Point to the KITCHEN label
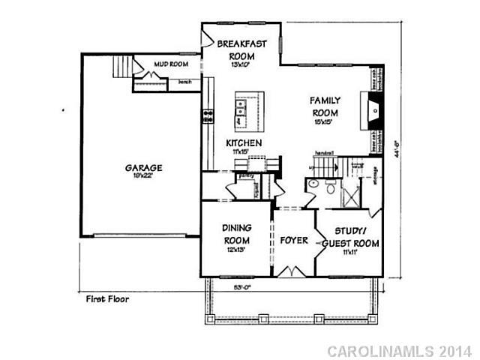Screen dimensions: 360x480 tap(244, 142)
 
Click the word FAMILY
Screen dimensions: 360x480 tap(326, 100)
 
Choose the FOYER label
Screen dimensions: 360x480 tap(293, 240)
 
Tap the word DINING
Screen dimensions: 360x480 tap(236, 228)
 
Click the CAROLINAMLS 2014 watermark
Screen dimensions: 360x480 tap(400, 350)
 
